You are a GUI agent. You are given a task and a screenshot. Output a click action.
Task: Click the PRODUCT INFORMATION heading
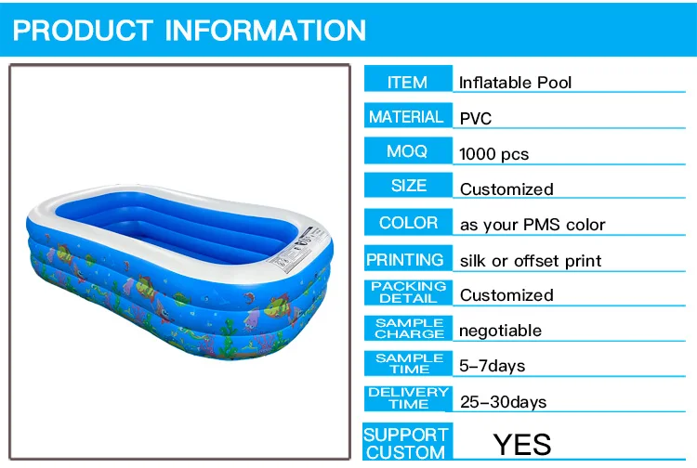190,31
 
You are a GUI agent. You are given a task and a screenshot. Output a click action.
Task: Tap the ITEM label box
408,79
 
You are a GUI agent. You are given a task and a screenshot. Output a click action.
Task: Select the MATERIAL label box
408,115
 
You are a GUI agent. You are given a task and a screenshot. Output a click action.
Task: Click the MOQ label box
408,150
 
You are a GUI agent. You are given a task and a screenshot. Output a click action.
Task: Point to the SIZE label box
408,185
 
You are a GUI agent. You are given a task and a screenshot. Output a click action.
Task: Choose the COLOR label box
408,222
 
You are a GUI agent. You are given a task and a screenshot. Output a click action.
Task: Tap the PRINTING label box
408,258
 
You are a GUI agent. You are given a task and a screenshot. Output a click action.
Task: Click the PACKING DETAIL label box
408,292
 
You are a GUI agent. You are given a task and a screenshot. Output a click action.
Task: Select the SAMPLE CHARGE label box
408,328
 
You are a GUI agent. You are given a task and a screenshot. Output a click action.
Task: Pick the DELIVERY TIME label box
408,398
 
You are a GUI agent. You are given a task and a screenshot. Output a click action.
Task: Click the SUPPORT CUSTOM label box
407,441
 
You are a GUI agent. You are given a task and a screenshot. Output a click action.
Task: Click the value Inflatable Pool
515,83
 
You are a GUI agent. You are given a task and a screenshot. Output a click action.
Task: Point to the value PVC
476,119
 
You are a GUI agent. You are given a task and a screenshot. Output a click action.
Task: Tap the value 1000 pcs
493,154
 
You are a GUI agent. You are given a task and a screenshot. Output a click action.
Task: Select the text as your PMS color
533,225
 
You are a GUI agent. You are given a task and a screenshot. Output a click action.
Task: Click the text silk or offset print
531,261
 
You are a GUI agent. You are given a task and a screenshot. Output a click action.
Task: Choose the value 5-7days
492,366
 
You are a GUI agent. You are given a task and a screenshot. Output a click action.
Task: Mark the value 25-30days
503,402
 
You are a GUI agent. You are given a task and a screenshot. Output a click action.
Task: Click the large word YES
522,445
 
